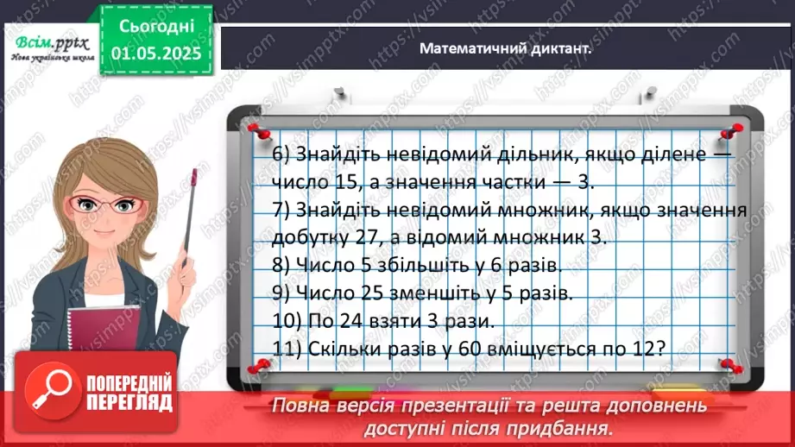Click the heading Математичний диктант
point(505,49)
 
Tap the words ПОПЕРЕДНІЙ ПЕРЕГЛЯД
point(129,393)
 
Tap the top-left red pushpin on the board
point(254,129)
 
